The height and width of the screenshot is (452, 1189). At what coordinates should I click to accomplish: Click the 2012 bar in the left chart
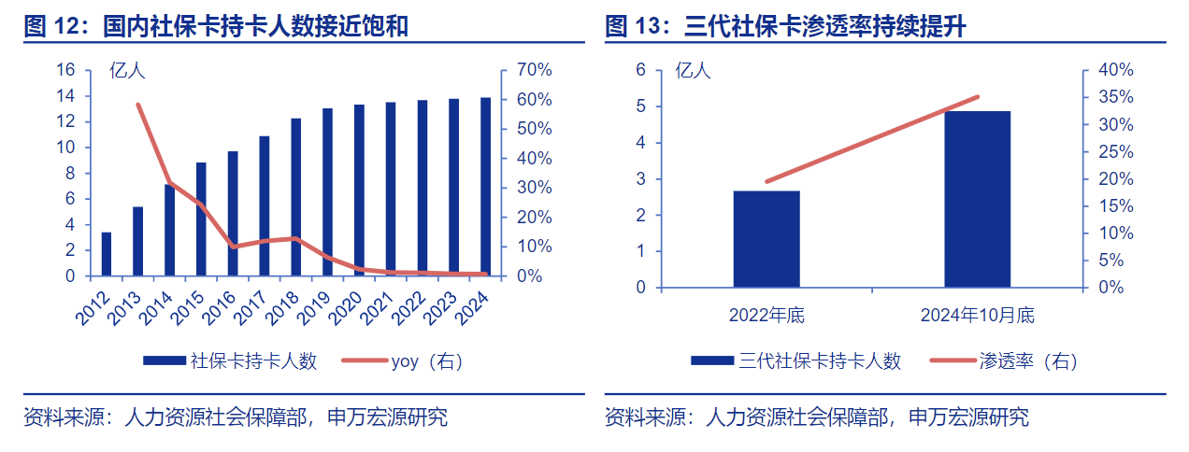coord(107,254)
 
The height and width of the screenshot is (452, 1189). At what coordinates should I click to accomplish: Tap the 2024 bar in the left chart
coord(485,187)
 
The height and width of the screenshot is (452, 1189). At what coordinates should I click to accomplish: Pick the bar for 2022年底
coord(766,239)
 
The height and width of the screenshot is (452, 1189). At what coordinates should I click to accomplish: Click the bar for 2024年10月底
coord(977,199)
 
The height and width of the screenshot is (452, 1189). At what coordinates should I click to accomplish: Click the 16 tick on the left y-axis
coord(65,70)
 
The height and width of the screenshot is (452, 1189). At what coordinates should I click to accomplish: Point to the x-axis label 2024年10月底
coord(977,316)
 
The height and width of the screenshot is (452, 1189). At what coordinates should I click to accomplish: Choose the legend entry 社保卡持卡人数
coord(253,360)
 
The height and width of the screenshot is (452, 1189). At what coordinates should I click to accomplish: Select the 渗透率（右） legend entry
coord(1027,360)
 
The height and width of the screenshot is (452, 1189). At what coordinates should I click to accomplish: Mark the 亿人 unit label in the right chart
coord(693,70)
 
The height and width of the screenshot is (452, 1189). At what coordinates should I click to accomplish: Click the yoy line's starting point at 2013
coord(138,105)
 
